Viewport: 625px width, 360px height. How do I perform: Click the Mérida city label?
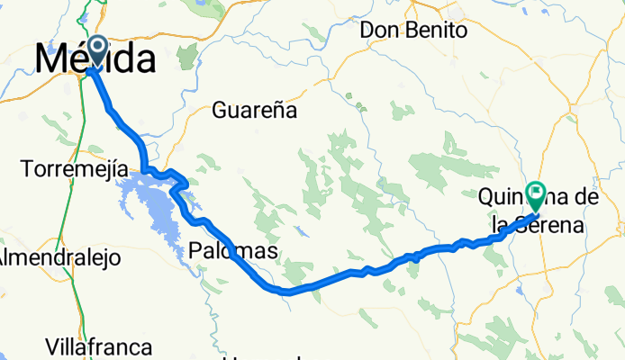pyautogui.click(x=95, y=60)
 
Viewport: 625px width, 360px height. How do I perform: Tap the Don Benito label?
pyautogui.click(x=414, y=30)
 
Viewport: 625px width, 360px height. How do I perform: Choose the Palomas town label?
pyautogui.click(x=233, y=251)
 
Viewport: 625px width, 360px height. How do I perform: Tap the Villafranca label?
pyautogui.click(x=101, y=346)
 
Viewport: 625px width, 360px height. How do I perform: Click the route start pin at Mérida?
pyautogui.click(x=94, y=50)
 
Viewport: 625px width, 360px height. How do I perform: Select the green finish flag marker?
pyautogui.click(x=537, y=193)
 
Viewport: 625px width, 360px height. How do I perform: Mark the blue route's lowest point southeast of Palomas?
pyautogui.click(x=285, y=292)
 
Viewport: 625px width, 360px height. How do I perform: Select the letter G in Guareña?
pyautogui.click(x=219, y=112)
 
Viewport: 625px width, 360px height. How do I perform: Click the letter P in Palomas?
pyautogui.click(x=196, y=251)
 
